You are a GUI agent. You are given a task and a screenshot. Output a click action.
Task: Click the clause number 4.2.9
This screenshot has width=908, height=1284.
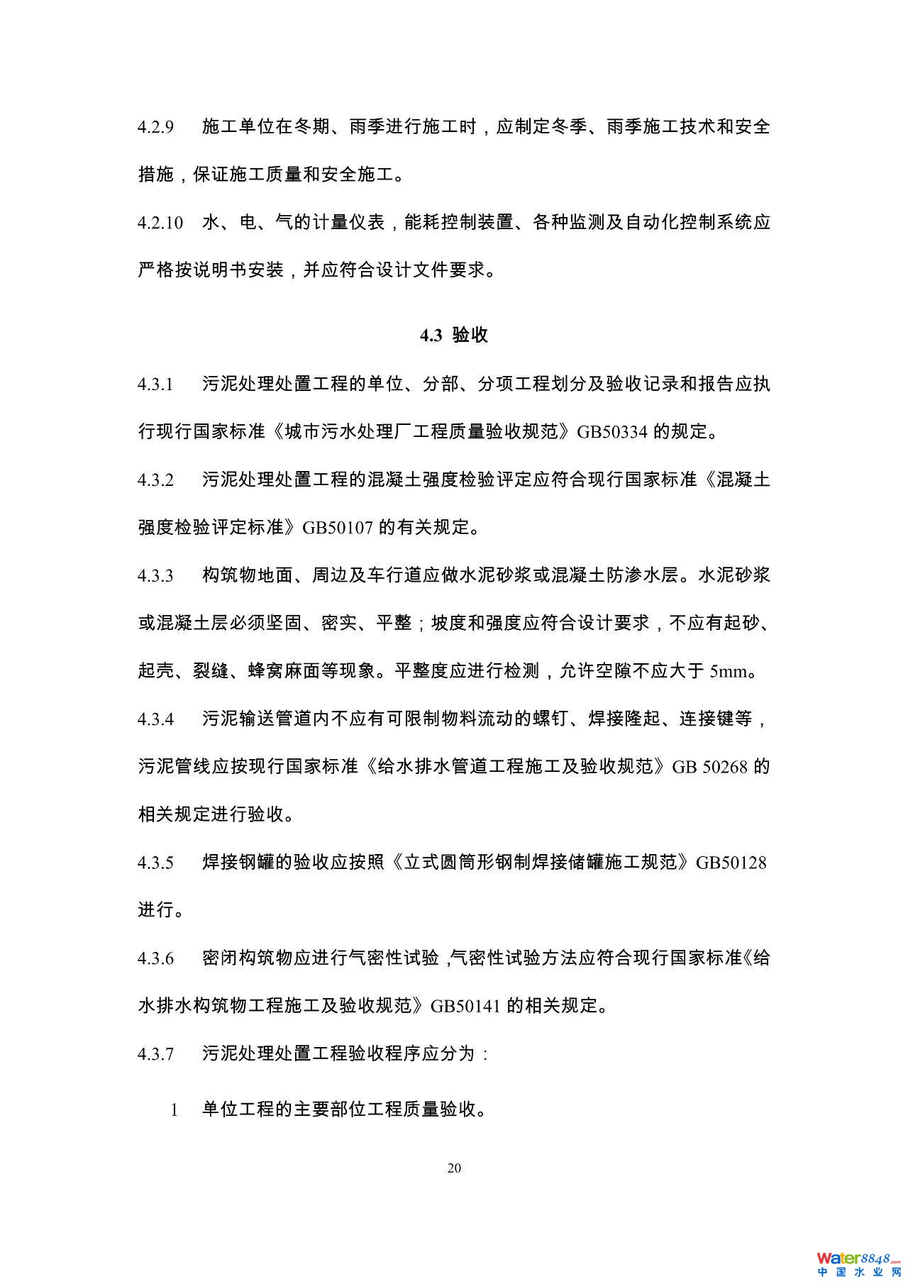point(156,128)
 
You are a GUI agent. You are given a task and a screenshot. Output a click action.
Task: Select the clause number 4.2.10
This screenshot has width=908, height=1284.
point(160,223)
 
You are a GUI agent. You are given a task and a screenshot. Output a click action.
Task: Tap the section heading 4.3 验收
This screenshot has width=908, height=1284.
point(454,336)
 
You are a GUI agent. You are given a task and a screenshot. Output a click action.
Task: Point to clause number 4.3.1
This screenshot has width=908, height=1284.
point(156,385)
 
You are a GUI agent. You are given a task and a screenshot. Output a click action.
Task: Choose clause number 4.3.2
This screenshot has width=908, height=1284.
point(156,480)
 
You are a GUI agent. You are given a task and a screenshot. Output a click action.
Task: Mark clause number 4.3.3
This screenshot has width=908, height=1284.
point(156,575)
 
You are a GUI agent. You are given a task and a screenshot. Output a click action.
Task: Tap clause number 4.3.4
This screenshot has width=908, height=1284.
point(156,719)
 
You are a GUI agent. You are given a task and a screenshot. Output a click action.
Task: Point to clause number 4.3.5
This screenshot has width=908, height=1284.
point(156,863)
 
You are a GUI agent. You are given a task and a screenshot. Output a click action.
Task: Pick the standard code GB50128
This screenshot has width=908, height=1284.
point(731,863)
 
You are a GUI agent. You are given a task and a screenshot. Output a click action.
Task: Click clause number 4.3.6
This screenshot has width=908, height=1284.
point(156,958)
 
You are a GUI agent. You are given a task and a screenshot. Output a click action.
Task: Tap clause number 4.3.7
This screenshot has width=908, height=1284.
point(156,1054)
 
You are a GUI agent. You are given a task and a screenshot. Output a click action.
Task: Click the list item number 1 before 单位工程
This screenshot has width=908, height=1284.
point(175,1110)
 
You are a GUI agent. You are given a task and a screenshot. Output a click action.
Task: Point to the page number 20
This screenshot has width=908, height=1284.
point(454,1168)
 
